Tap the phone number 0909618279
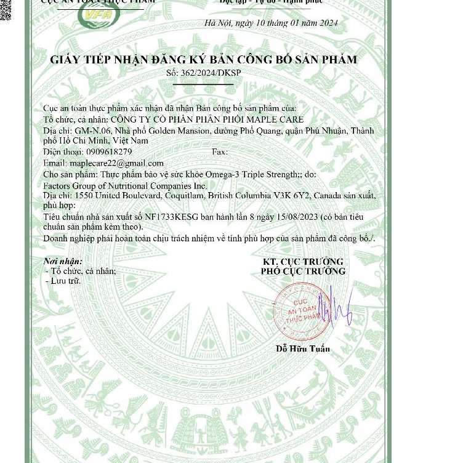pos(109,152)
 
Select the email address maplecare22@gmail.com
pos(116,163)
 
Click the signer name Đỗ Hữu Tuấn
pos(303,349)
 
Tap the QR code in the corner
pos(6,9)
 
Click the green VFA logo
pos(99,15)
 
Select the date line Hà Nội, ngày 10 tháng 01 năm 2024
pos(271,23)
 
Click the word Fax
pos(219,152)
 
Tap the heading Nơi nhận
pos(63,261)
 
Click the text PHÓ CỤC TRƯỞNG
pos(303,272)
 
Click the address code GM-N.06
pos(93,131)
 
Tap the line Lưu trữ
pos(66,281)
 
